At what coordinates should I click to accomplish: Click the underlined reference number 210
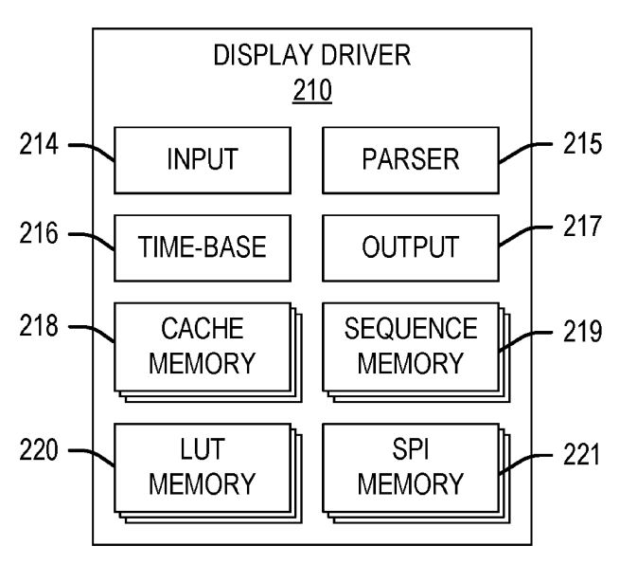pyautogui.click(x=312, y=92)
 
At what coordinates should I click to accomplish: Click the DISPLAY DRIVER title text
pyautogui.click(x=312, y=57)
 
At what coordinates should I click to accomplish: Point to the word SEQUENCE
pyautogui.click(x=410, y=330)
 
